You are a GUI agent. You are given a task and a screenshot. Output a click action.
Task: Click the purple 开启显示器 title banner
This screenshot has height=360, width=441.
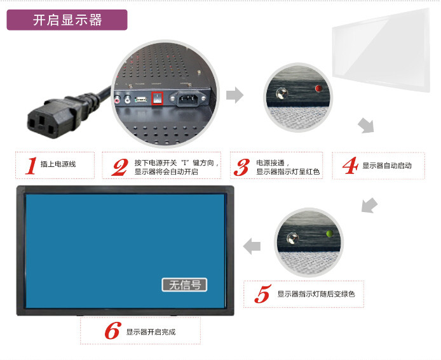click(x=67, y=20)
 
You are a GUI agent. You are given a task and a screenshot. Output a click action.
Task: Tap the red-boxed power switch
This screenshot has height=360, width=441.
click(x=157, y=98)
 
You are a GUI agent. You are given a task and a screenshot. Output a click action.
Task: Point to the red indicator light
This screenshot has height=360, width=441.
click(x=318, y=88)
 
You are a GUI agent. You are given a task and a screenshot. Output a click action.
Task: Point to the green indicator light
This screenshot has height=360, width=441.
click(x=329, y=233)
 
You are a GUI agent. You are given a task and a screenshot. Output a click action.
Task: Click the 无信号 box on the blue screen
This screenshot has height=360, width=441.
click(x=184, y=284)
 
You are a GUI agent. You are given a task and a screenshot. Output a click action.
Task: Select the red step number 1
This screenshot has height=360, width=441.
click(x=31, y=166)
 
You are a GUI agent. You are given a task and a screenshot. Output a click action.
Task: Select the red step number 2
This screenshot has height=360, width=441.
click(x=120, y=167)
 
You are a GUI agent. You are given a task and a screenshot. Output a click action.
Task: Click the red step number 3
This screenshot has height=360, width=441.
click(x=241, y=168)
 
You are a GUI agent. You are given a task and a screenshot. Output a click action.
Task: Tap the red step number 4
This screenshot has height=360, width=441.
click(x=350, y=166)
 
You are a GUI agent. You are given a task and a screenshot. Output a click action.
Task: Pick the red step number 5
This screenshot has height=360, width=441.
click(x=262, y=294)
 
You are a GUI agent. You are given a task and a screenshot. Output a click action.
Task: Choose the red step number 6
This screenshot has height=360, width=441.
click(x=113, y=331)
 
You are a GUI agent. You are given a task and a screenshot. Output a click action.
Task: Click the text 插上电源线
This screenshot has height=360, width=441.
click(x=58, y=164)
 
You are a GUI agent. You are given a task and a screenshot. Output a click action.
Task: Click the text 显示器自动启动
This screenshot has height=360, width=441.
click(x=387, y=166)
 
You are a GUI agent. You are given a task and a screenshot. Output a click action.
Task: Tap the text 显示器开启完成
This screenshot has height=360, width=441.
click(x=151, y=332)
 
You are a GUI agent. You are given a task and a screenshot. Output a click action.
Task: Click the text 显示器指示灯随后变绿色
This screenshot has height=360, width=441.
click(x=316, y=294)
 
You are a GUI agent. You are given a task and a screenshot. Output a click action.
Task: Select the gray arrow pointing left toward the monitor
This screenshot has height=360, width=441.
click(x=252, y=246)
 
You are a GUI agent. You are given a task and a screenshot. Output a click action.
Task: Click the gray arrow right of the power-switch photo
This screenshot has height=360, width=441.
click(x=234, y=95)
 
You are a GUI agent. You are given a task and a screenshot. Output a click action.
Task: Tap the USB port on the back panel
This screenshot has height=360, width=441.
click(x=141, y=99)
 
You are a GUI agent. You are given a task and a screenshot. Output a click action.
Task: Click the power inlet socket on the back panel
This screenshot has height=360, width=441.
click(x=188, y=98)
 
